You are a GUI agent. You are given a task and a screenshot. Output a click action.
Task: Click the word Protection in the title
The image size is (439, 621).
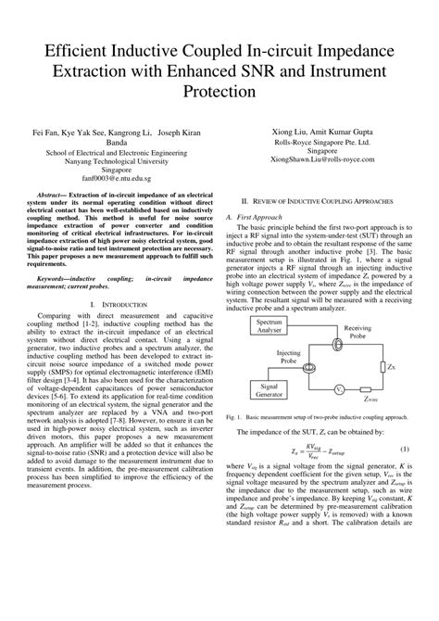[219, 92]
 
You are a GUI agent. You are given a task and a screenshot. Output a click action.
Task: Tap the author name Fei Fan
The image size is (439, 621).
[45, 132]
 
